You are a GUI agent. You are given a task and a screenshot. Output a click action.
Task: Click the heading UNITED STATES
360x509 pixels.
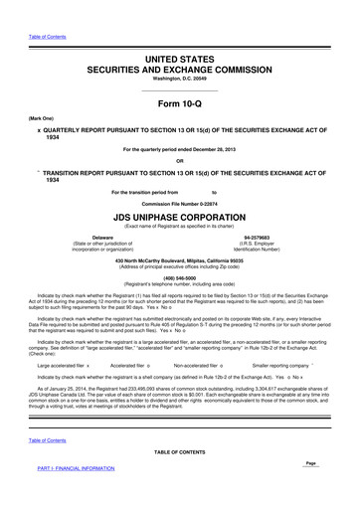coord(180,33)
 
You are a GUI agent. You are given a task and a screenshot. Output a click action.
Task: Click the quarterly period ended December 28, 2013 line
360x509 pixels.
coord(180,149)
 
